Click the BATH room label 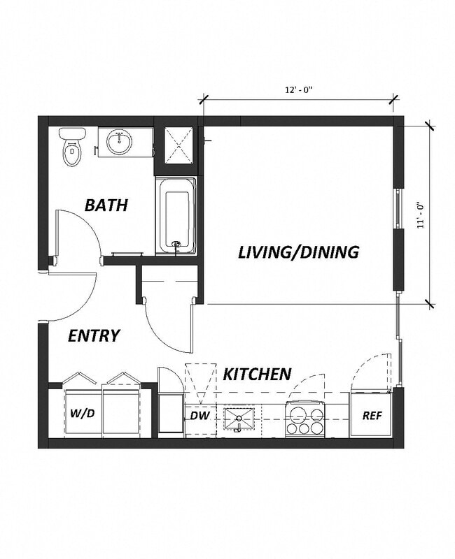(106, 205)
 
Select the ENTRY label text (94, 335)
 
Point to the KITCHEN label (257, 375)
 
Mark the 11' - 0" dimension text (420, 215)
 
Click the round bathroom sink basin (120, 143)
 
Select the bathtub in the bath (176, 217)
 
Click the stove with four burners (305, 420)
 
